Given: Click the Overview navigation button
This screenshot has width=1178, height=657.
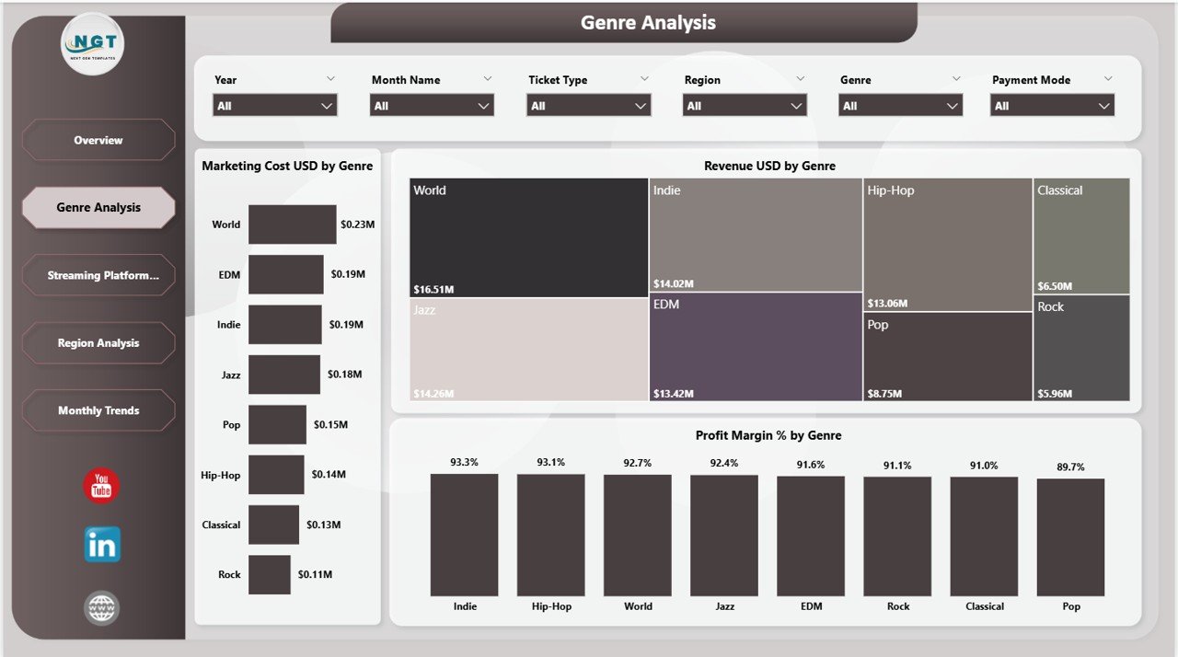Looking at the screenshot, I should [x=98, y=140].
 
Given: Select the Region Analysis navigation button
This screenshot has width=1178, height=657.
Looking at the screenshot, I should [x=98, y=343].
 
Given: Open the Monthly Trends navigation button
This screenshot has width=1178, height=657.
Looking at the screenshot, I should [x=98, y=410].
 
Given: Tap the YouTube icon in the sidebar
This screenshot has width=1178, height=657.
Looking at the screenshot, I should [x=101, y=486].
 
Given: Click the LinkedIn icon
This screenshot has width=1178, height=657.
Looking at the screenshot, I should [x=101, y=546].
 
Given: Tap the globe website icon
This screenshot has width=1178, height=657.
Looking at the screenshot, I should [x=101, y=608].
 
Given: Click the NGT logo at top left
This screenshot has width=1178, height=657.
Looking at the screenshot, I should [x=92, y=43].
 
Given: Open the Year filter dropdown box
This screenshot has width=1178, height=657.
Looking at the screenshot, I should [x=275, y=106].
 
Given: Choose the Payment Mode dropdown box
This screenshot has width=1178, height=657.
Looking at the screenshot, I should [x=1052, y=106].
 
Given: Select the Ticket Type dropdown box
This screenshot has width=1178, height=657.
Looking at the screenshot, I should [x=588, y=106].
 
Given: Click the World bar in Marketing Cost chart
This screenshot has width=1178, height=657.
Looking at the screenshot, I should [x=292, y=225].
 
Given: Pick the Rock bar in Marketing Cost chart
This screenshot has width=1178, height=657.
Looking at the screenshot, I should [x=269, y=574].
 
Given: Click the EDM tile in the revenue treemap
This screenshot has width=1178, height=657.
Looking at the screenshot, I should [x=756, y=347].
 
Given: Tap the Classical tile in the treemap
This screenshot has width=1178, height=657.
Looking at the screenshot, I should [x=1080, y=236].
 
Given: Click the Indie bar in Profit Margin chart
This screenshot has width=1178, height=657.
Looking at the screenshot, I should [x=464, y=535].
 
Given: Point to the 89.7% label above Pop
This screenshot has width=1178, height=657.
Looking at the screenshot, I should [x=1070, y=467].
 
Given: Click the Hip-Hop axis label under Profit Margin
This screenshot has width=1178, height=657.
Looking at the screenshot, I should [x=550, y=606].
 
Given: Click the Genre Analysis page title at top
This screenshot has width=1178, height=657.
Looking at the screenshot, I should [x=648, y=23].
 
